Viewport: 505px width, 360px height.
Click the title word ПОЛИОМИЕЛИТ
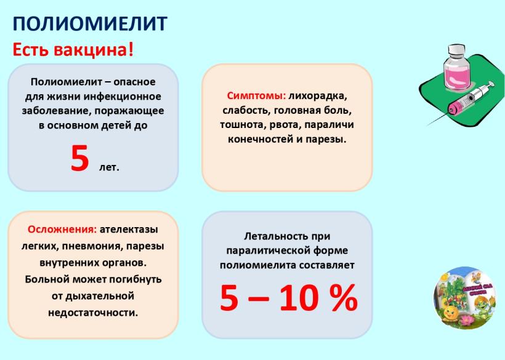click(x=90, y=23)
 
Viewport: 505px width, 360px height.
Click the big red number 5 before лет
click(x=79, y=158)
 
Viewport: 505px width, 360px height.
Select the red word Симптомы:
click(x=256, y=96)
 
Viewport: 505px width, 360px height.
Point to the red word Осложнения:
click(x=62, y=230)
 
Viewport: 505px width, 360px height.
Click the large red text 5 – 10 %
click(x=289, y=298)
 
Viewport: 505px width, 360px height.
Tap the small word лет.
click(x=109, y=167)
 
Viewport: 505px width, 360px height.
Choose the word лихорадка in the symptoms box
click(x=318, y=96)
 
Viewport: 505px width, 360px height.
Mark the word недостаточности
click(x=93, y=313)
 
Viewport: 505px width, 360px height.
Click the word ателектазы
click(x=129, y=230)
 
